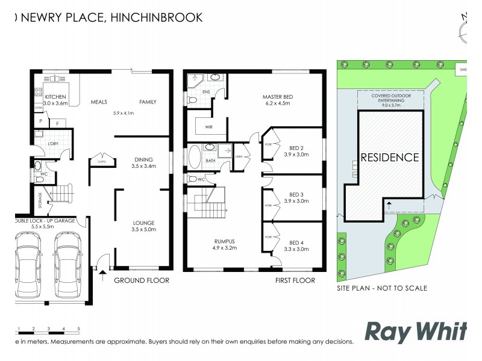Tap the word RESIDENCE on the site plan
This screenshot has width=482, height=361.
389,158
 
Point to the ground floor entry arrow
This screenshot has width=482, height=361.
102,276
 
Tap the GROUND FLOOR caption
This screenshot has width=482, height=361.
142,280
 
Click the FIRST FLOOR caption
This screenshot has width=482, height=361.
296,280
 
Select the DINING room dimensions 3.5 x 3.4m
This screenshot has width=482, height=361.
144,167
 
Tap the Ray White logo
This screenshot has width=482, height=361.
416,332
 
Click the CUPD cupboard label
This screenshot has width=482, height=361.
99,161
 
